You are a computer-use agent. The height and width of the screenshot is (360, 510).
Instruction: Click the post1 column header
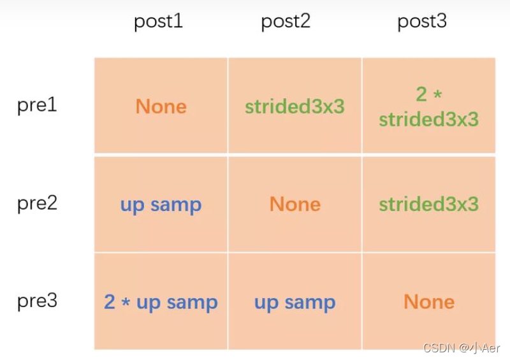click(x=158, y=22)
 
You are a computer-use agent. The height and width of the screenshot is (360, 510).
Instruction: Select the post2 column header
click(x=286, y=22)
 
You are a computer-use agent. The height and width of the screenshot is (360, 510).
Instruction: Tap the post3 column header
click(x=422, y=22)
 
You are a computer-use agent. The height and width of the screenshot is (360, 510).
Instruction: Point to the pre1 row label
click(x=37, y=104)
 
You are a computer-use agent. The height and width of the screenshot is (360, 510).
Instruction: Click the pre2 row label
click(x=37, y=203)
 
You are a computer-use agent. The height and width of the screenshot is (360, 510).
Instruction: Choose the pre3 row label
click(x=37, y=301)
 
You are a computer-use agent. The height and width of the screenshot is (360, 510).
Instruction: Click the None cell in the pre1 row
click(x=161, y=106)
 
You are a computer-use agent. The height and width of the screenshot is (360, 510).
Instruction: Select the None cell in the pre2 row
click(x=295, y=204)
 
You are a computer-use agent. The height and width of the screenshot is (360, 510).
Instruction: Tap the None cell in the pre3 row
click(x=428, y=301)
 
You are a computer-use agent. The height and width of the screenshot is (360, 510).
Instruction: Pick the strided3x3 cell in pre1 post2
click(x=295, y=106)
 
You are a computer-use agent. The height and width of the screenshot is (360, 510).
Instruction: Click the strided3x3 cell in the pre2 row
click(x=428, y=204)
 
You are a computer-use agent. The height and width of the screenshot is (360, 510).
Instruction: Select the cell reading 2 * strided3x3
click(x=428, y=106)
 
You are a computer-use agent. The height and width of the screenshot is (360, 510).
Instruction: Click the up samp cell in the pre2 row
click(x=161, y=205)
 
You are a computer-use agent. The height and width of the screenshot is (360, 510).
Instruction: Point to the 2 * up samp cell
click(x=161, y=303)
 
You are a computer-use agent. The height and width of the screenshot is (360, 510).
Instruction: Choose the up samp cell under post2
click(x=295, y=303)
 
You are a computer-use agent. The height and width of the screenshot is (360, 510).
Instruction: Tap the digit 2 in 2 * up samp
click(x=110, y=302)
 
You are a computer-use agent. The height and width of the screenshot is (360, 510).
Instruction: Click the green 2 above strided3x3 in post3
click(x=421, y=94)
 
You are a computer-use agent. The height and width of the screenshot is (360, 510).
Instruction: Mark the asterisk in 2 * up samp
click(x=126, y=303)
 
